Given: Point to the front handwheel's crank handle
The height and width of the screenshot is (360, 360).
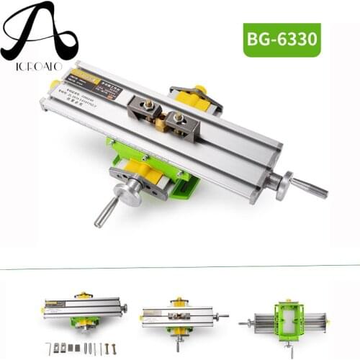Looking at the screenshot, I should pyautogui.click(x=108, y=211).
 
